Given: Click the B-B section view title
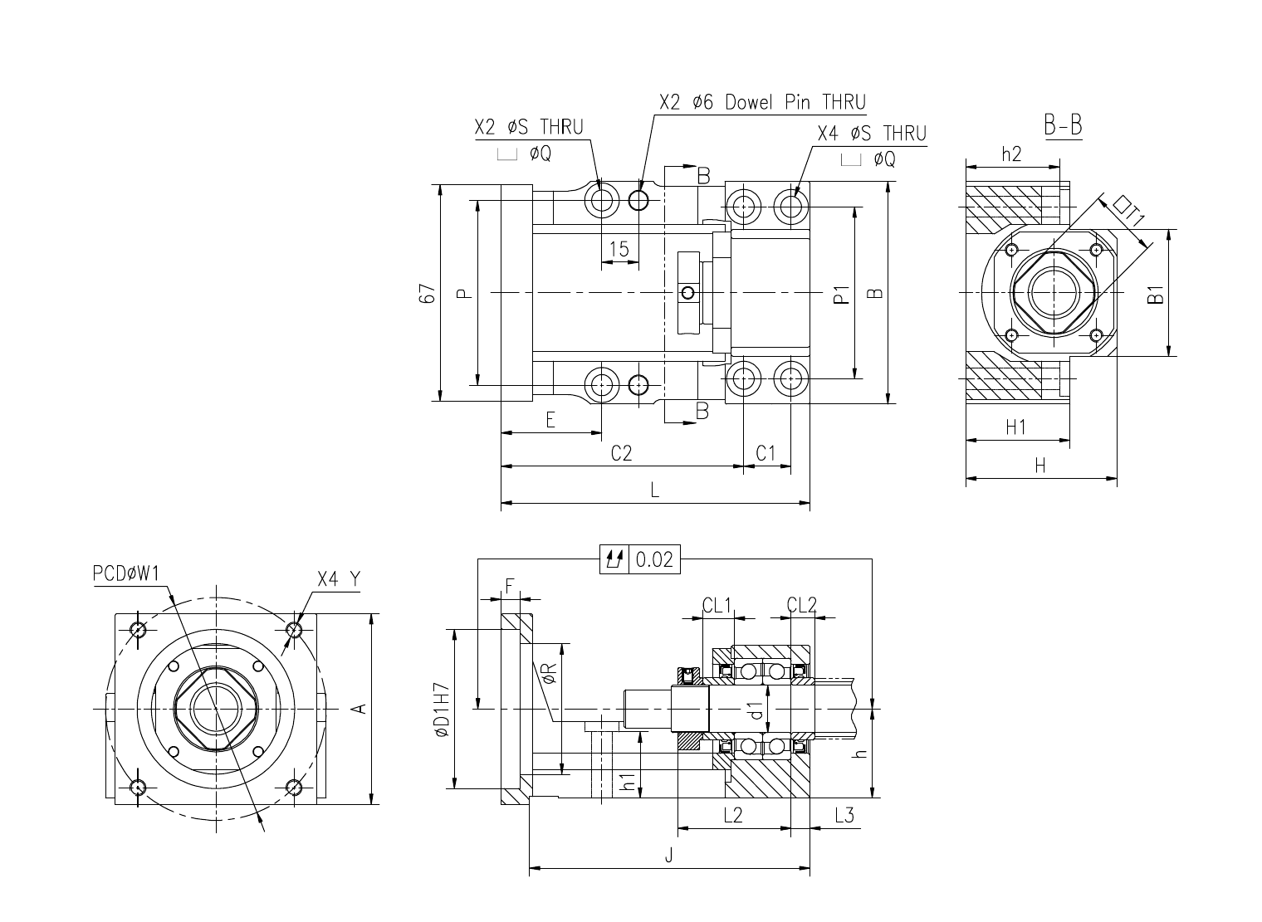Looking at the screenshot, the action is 1063,125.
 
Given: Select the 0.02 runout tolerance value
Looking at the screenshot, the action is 654,559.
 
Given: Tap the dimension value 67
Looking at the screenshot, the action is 428,294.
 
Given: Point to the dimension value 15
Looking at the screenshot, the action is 619,248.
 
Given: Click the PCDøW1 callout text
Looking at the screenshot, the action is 126,573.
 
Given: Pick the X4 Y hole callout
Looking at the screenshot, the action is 338,578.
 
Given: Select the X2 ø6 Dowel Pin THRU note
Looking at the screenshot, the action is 763,102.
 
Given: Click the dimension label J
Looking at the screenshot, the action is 668,856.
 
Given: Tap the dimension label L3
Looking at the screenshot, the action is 844,815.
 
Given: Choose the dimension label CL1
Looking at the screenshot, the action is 716,606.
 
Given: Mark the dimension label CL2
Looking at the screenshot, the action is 802,606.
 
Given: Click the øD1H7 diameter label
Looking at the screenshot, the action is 443,709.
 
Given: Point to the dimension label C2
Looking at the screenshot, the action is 621,453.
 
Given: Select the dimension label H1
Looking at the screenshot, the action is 1015,427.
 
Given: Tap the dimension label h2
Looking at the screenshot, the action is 1012,154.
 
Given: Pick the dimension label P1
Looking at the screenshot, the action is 841,294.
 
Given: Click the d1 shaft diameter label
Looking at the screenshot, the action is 756,710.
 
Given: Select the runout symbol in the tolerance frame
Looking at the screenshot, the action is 614,559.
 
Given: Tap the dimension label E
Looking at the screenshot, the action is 550,420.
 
